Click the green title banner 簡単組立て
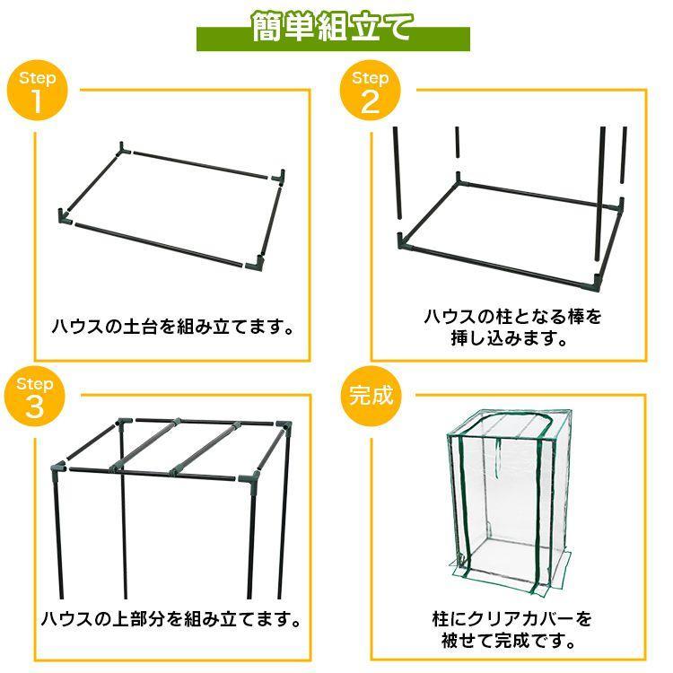(333, 28)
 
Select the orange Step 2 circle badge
(370, 92)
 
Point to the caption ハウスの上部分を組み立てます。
(170, 619)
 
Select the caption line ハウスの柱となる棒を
(512, 317)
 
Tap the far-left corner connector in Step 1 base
(65, 215)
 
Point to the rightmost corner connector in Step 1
(283, 175)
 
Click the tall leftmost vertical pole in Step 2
(396, 175)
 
